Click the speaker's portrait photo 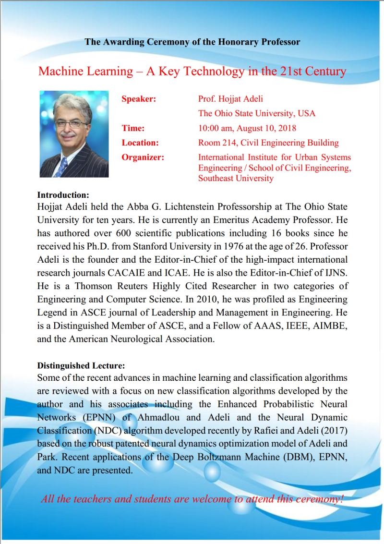pyautogui.click(x=74, y=134)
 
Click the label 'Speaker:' pyautogui.click(x=139, y=99)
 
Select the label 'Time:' pyautogui.click(x=133, y=128)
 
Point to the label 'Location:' pyautogui.click(x=140, y=143)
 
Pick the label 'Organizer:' pyautogui.click(x=143, y=157)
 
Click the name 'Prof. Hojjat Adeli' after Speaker pyautogui.click(x=230, y=99)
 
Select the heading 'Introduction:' pyautogui.click(x=63, y=195)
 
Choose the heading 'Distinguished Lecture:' pyautogui.click(x=81, y=366)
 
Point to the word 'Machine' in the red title pyautogui.click(x=60, y=72)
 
